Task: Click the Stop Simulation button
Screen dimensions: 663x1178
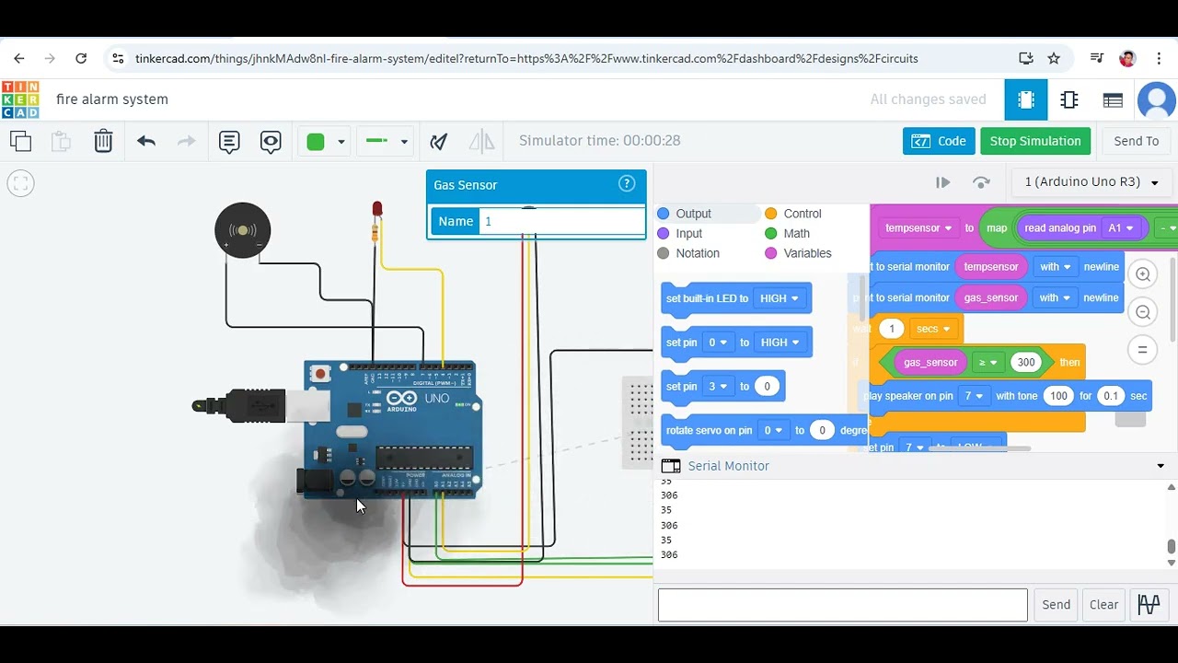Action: [x=1034, y=141]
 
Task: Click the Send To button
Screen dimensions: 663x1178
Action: [x=1136, y=141]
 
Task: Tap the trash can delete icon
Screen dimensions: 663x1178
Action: [x=103, y=141]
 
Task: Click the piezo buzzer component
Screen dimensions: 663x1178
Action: [x=243, y=230]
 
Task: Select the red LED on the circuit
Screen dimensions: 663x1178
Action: [x=376, y=211]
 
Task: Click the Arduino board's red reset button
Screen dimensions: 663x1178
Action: [x=320, y=373]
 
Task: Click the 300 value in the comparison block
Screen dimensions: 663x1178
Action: [x=1025, y=362]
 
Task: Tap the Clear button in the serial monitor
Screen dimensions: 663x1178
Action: [x=1103, y=605]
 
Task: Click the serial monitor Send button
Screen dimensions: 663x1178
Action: [x=1056, y=605]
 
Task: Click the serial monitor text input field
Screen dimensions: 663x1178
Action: [x=842, y=605]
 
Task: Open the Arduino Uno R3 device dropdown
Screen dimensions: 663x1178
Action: [x=1091, y=182]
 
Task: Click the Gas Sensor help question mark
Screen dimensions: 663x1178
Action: [x=627, y=184]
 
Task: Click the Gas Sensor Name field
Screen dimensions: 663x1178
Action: [x=561, y=222]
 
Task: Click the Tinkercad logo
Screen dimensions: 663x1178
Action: [x=20, y=99]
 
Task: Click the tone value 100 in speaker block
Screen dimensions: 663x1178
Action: [x=1058, y=396]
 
